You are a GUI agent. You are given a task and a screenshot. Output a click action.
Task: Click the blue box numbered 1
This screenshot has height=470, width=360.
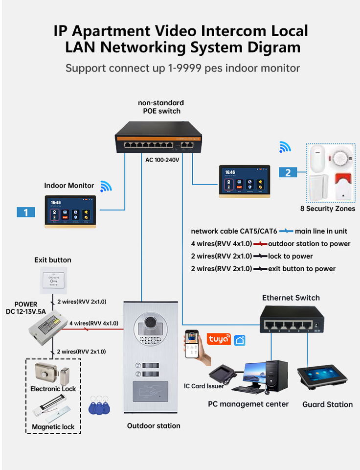coord(25,212)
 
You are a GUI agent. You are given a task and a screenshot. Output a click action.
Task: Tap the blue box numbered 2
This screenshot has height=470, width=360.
coord(288,172)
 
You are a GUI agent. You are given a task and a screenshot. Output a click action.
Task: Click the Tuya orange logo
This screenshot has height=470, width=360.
coord(219,339)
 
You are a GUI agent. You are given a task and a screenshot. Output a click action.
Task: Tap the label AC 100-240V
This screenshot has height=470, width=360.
coord(162,160)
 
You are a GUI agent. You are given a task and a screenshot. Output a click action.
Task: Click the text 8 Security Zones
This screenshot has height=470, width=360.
coord(328,209)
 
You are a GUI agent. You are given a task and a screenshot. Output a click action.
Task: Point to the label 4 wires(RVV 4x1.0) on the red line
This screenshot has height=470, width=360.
coord(93,323)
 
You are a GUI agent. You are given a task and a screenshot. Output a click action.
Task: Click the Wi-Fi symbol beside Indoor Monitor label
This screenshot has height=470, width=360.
coord(106,186)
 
